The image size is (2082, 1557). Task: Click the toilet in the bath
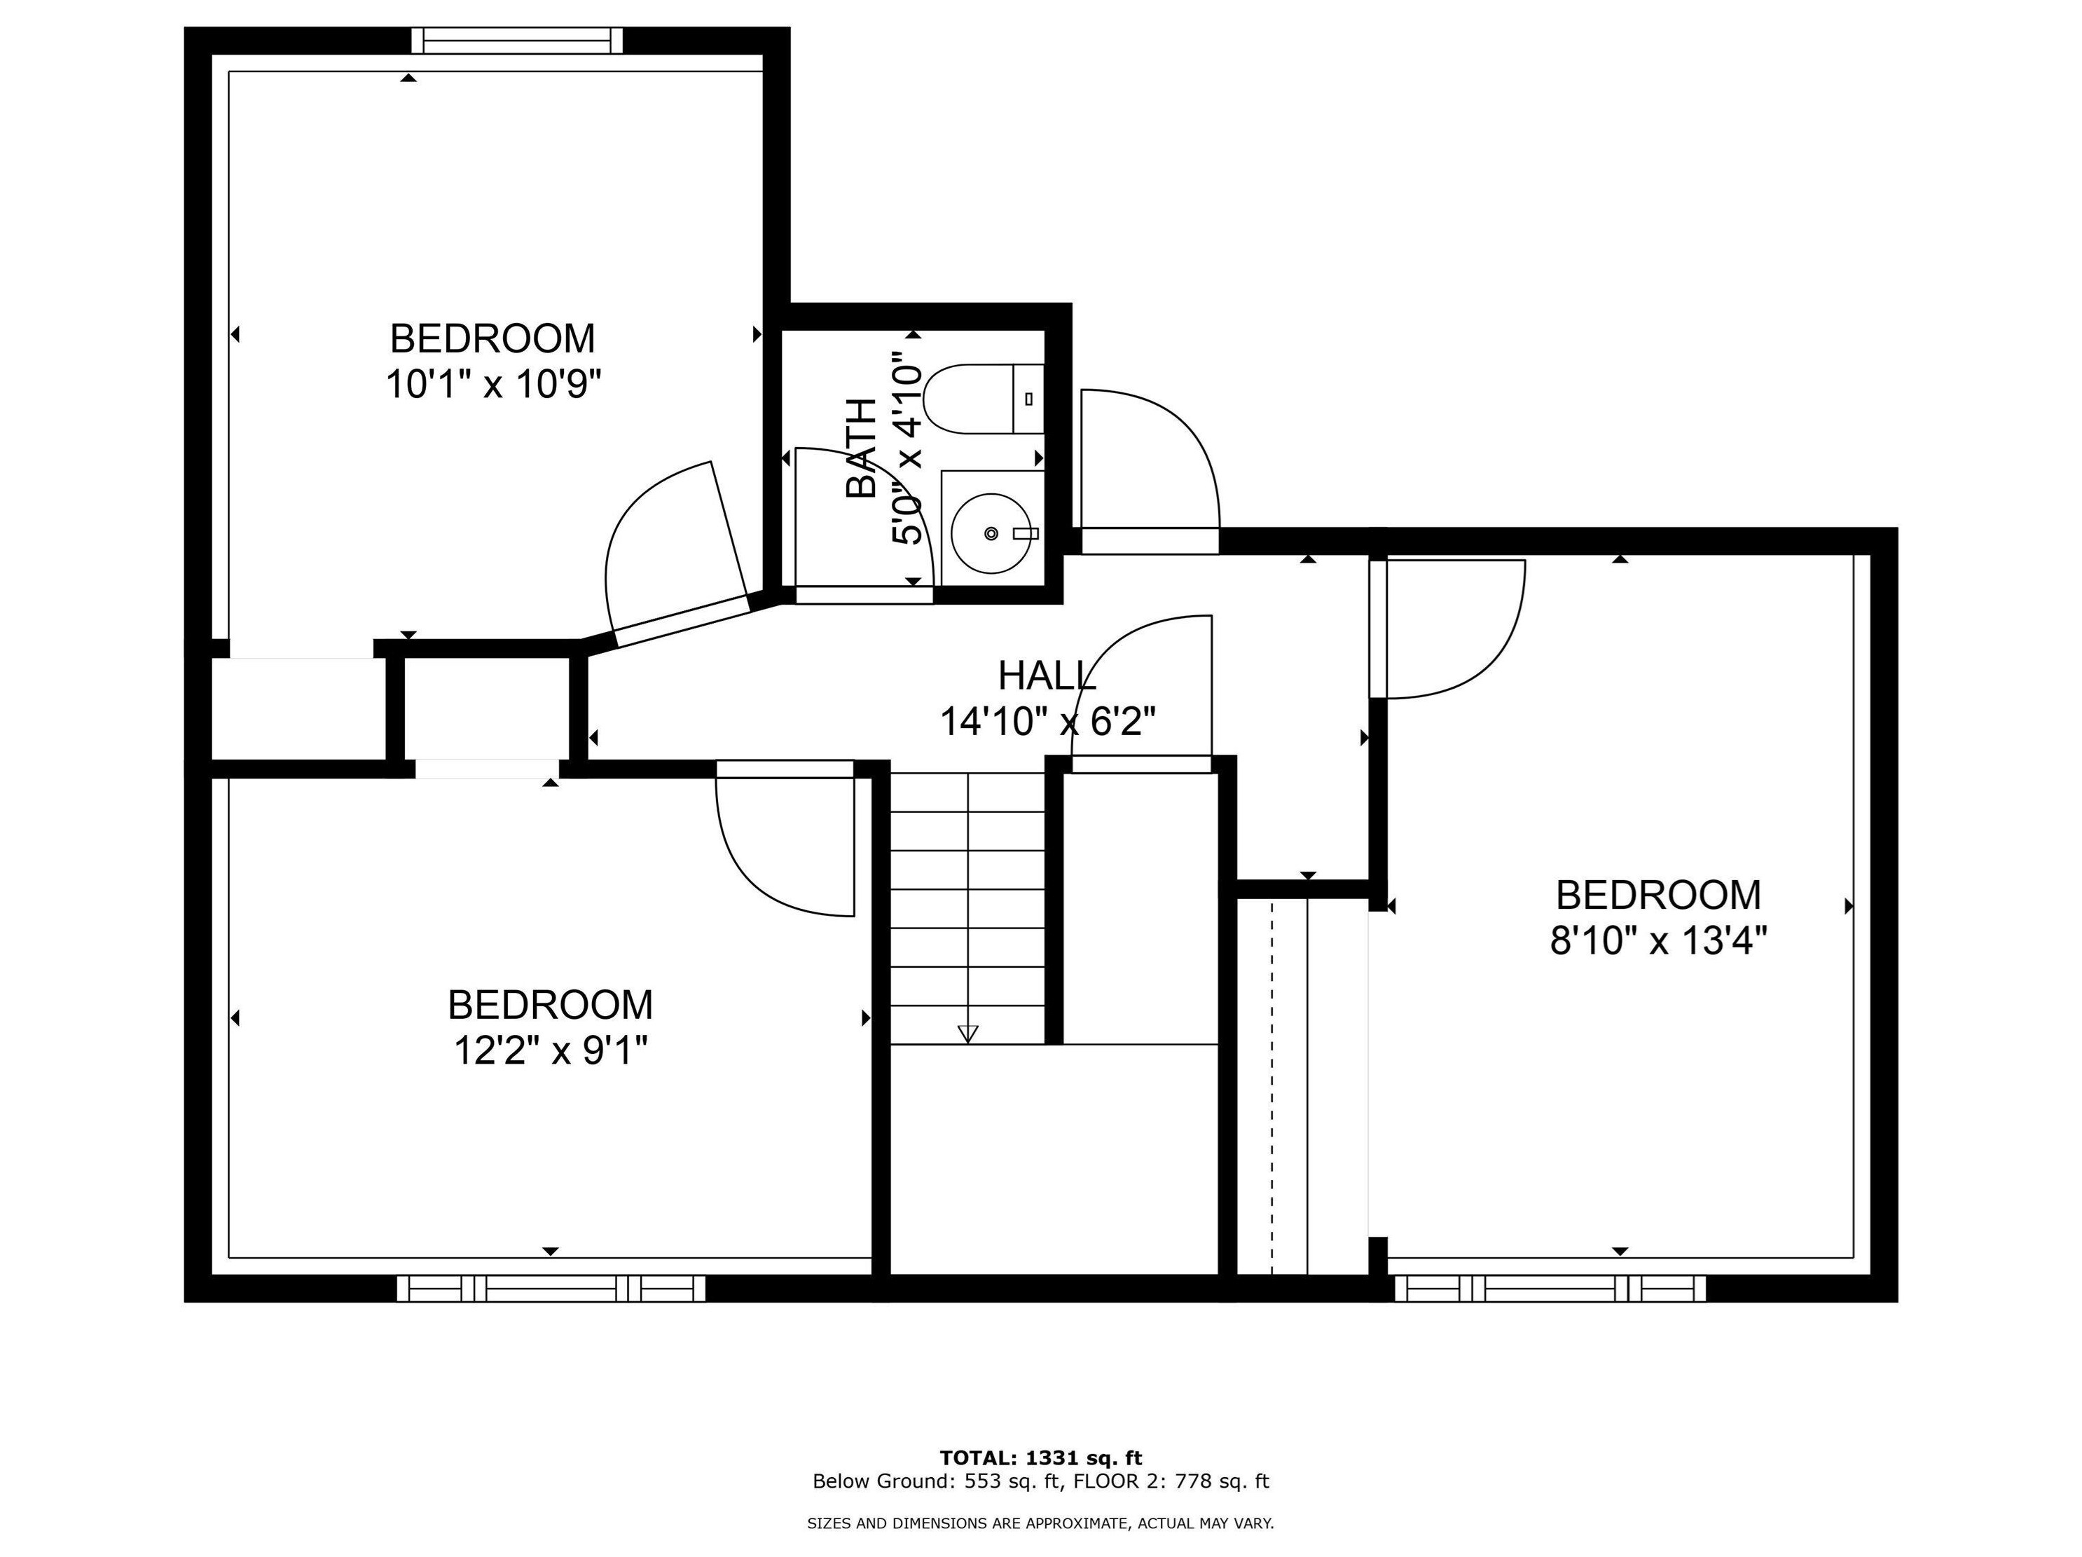(x=984, y=399)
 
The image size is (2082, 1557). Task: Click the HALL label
(x=1047, y=676)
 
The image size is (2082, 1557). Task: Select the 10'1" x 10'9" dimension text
(x=493, y=384)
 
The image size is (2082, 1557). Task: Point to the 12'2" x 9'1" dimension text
(x=551, y=1050)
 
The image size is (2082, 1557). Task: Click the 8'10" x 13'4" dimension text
(x=1658, y=940)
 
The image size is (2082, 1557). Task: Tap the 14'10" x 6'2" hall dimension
(x=1047, y=722)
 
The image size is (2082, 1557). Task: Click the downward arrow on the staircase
(x=967, y=1033)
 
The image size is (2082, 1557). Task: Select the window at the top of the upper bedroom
(x=518, y=41)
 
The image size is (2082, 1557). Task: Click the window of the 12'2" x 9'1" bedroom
(x=551, y=1288)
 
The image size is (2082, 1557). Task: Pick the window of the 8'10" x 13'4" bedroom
(x=1550, y=1288)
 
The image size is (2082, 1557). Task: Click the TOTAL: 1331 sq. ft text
(x=1041, y=1458)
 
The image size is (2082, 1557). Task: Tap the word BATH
(x=861, y=448)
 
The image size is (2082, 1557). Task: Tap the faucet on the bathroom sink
(x=1025, y=533)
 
